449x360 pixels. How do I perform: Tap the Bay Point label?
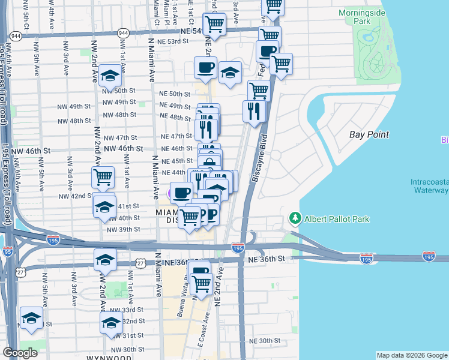point(369,135)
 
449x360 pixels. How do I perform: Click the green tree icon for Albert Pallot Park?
point(295,217)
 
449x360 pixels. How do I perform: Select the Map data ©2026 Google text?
point(412,355)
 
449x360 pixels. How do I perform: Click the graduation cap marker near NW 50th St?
point(110,76)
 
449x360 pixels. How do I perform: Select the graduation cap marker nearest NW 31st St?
point(111,324)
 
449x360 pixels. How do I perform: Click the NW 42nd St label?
point(74,196)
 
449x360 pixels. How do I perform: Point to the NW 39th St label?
point(123,229)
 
